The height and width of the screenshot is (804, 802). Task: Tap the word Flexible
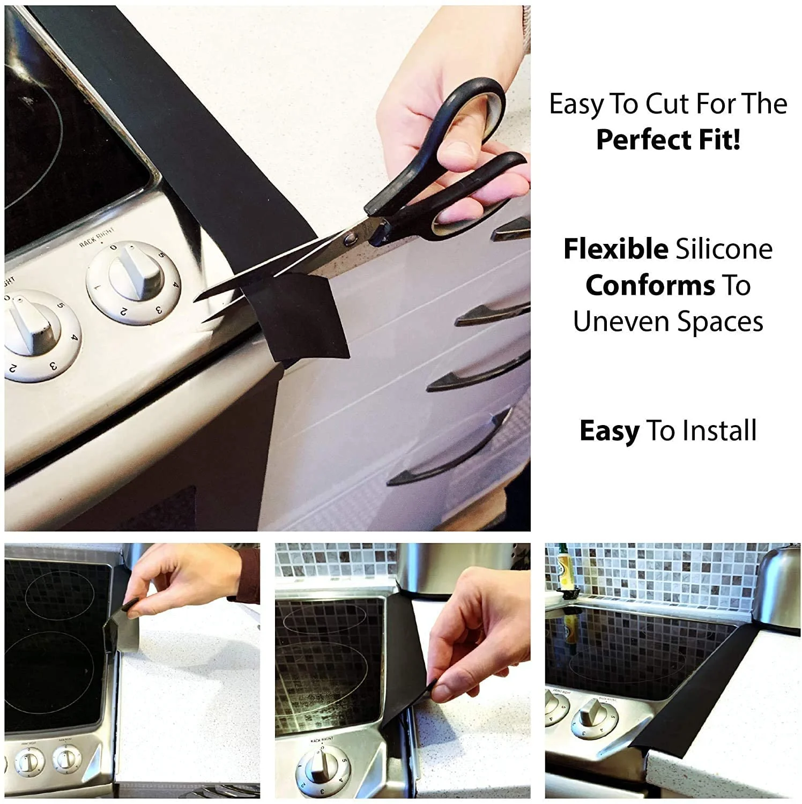tap(615, 249)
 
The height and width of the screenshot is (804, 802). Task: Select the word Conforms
tap(650, 286)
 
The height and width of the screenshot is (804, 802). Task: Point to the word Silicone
tap(724, 249)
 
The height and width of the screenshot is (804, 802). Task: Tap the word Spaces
tap(720, 322)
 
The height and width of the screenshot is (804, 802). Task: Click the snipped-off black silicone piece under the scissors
tap(298, 316)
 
